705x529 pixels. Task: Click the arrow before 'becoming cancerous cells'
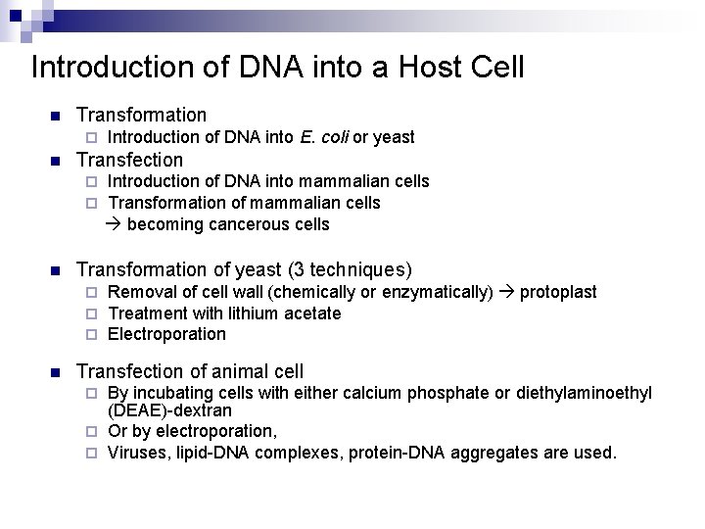tap(114, 224)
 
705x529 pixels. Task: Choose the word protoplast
tap(557, 292)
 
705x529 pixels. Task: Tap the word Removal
tap(137, 292)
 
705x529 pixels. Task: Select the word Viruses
tap(135, 453)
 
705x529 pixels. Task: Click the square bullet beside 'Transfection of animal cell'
tap(55, 372)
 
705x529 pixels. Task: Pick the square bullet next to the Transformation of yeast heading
tap(55, 269)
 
